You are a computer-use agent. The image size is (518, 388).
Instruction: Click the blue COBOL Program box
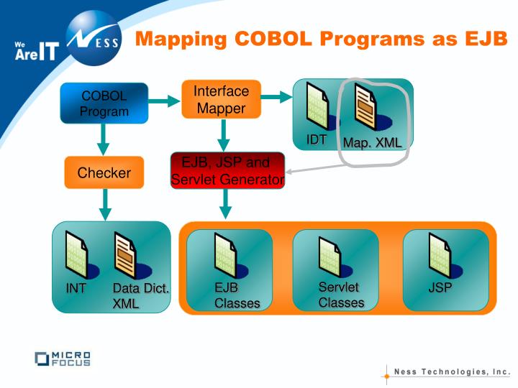click(104, 103)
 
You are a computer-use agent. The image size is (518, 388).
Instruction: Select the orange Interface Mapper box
click(222, 99)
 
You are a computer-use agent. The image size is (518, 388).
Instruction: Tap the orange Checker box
click(104, 173)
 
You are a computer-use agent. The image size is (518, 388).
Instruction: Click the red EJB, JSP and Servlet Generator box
click(227, 171)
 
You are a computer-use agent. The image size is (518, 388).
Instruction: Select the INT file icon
click(77, 254)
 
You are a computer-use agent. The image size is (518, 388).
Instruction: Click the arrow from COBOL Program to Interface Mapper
click(164, 102)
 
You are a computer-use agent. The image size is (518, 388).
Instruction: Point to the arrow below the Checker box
click(105, 204)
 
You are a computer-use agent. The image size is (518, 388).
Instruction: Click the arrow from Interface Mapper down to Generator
click(224, 135)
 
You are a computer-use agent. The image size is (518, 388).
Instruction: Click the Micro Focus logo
click(63, 359)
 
